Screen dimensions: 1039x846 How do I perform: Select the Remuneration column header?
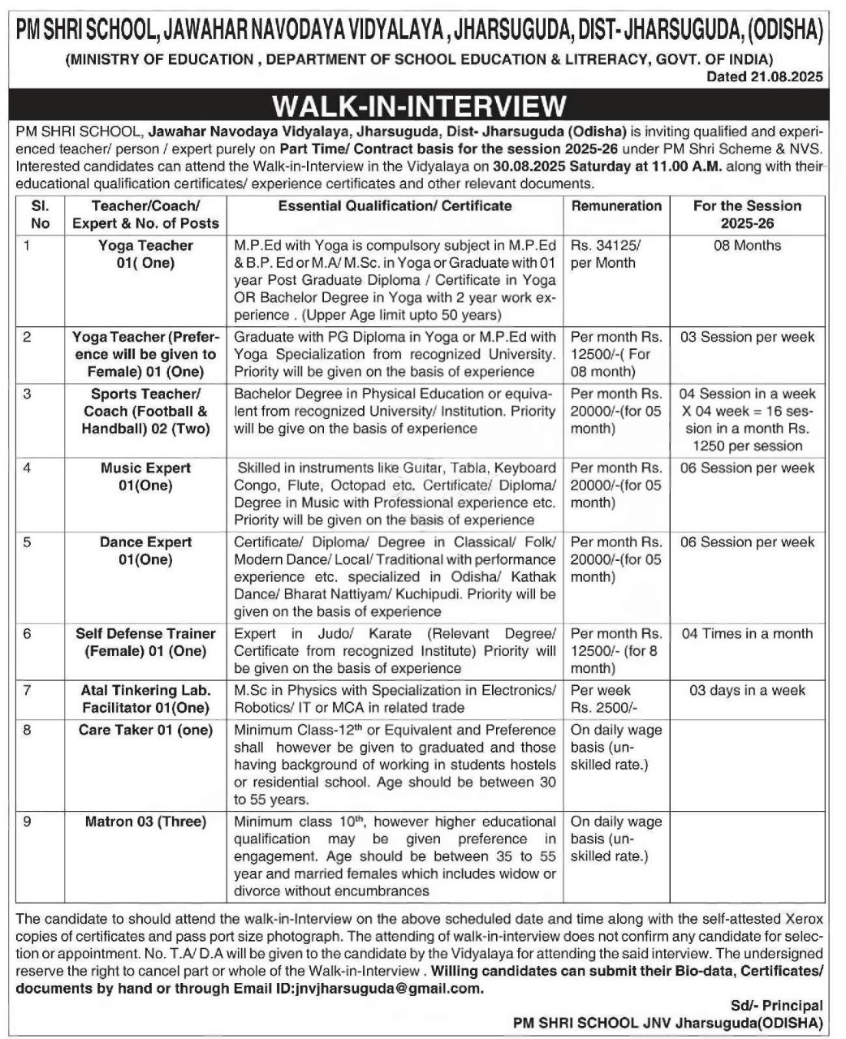point(616,206)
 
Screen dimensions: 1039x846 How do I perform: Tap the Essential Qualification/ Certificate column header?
point(395,206)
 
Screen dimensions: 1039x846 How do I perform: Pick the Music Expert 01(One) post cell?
point(145,477)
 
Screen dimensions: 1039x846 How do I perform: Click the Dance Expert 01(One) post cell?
point(145,551)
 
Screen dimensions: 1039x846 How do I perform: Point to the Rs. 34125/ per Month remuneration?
point(606,254)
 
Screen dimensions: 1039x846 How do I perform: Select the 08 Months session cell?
point(747,246)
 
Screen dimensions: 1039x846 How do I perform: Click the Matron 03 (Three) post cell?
point(145,821)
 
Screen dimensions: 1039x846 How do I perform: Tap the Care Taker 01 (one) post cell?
point(145,730)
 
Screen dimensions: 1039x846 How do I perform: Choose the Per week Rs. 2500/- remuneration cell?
point(604,699)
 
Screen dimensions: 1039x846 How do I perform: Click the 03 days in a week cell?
point(747,691)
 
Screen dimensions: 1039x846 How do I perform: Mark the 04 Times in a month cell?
point(747,634)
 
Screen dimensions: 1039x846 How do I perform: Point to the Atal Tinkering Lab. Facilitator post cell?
point(145,699)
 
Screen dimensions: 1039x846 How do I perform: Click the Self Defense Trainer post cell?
point(145,642)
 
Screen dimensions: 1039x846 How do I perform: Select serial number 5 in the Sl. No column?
point(27,542)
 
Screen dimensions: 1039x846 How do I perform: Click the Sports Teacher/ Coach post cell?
point(145,411)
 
